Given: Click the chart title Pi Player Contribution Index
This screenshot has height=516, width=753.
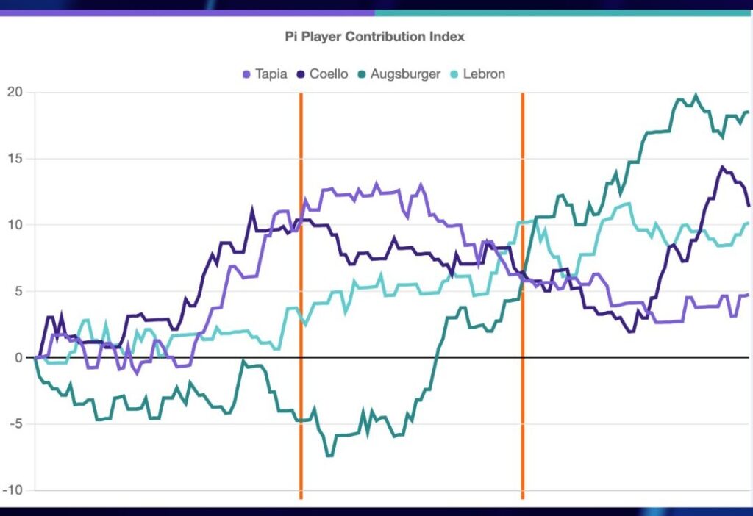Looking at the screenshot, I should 375,36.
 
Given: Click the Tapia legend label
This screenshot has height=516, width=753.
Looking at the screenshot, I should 271,74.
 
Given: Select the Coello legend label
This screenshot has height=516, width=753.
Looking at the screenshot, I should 329,74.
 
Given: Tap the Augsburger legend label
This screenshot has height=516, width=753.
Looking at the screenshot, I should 405,74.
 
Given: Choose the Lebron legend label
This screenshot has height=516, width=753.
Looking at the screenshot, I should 484,74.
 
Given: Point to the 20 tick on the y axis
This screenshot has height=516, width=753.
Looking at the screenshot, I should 15,92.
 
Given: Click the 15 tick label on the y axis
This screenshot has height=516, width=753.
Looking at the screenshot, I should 15,159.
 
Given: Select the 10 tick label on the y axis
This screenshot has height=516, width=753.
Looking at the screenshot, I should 15,225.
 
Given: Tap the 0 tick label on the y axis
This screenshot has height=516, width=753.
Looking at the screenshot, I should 18,358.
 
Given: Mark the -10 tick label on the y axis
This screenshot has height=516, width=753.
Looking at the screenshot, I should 13,490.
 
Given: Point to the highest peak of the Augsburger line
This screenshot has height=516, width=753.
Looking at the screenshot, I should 696,96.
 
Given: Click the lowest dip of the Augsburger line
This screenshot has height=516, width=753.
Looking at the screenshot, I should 329,456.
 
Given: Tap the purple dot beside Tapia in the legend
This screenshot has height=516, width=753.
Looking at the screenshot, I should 246,74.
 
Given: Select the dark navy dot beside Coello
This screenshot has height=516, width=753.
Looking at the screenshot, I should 301,74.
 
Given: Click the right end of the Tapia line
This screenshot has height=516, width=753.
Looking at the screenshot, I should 747,295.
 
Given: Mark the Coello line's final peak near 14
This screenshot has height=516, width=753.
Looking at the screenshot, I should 722,168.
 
